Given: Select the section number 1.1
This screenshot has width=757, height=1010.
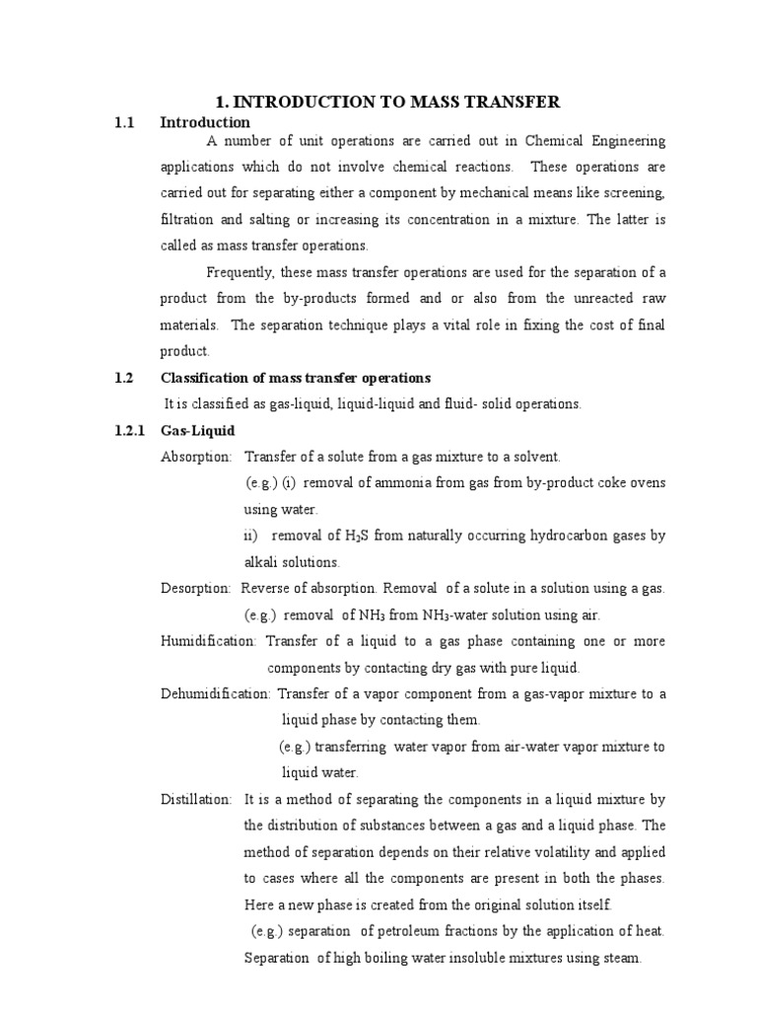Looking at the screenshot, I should (x=122, y=122).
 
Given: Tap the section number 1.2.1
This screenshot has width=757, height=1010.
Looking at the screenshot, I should (x=127, y=430).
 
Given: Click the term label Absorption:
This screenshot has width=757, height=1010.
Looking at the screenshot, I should (x=197, y=457).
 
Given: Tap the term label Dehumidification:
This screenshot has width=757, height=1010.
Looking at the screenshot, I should (x=216, y=693).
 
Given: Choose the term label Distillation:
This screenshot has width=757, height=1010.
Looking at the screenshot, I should (x=196, y=798).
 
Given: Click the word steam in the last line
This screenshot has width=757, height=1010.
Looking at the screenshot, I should (x=621, y=957).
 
